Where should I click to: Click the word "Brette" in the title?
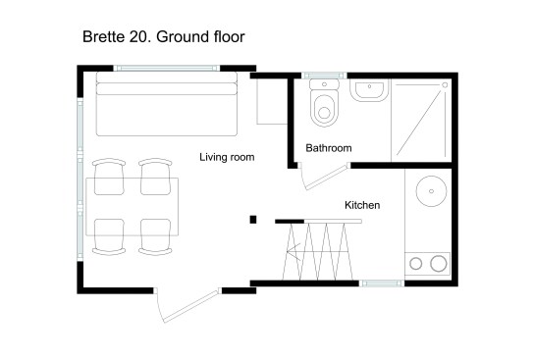pos(104,36)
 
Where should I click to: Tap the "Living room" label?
pos(227,157)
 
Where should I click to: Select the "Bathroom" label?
pos(329,148)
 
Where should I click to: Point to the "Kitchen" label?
pos(362,205)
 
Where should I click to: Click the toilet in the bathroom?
pos(324,103)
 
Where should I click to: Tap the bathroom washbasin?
pos(369,90)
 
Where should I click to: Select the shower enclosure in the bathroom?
pos(421,121)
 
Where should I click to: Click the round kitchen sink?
pos(431,191)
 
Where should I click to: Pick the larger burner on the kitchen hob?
pos(439,264)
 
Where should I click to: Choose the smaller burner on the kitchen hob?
pos(416,264)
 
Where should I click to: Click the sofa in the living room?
pos(167,104)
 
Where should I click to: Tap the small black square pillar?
pos(253,220)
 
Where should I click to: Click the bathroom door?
pos(326,176)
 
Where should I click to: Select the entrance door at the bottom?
pos(188,305)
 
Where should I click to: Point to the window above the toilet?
pos(324,76)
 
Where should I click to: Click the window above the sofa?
pos(167,69)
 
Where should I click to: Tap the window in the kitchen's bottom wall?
pos(382,283)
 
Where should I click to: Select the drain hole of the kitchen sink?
pos(431,191)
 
